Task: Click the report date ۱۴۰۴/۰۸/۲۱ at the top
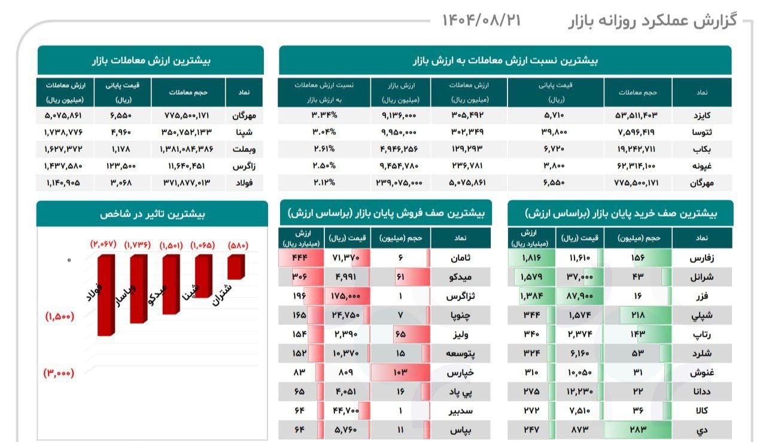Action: point(481,20)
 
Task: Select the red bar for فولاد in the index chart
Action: point(106,293)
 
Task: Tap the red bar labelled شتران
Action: point(236,266)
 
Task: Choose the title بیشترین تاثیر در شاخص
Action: point(152,214)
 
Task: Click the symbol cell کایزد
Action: point(701,114)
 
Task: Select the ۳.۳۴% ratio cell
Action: point(324,114)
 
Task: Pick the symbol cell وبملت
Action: point(244,148)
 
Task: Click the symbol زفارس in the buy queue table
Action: point(701,258)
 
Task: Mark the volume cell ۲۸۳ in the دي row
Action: point(638,429)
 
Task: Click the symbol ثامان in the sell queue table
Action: point(459,258)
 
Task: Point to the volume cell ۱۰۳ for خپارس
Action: point(400,373)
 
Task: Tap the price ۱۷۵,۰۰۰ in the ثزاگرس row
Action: point(350,295)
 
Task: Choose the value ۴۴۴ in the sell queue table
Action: point(299,258)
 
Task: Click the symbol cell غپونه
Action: point(701,166)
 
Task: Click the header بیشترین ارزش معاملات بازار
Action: point(151,60)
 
